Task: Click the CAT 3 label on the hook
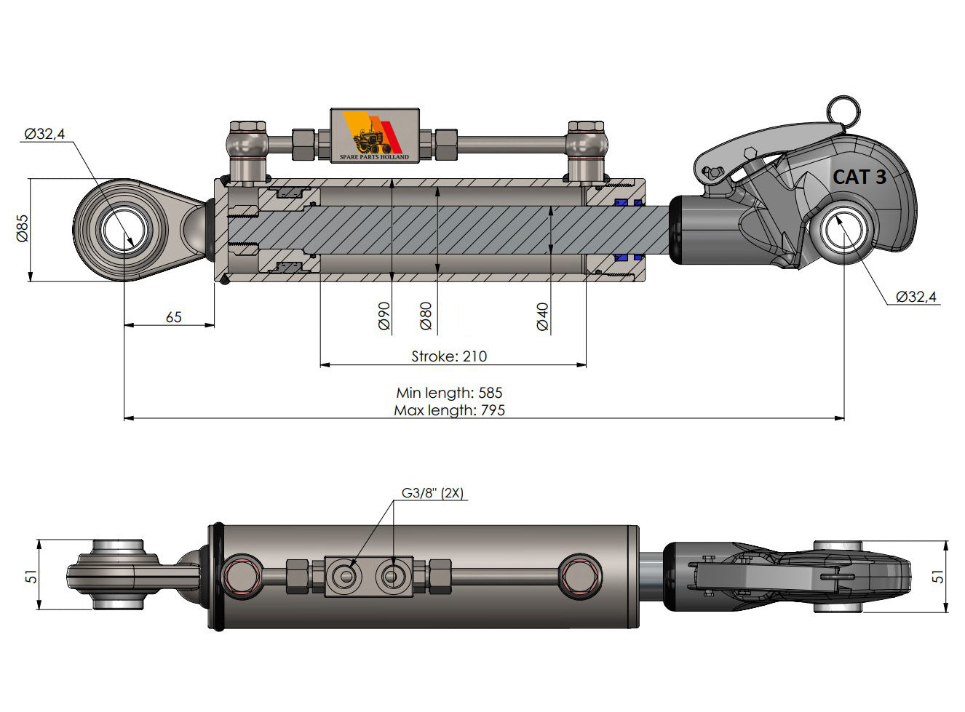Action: click(x=859, y=176)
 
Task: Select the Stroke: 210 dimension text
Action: click(x=449, y=356)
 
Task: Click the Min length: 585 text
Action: click(x=449, y=393)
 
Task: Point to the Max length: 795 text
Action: click(x=449, y=410)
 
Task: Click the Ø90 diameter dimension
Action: click(x=385, y=316)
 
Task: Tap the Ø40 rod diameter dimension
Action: click(x=542, y=316)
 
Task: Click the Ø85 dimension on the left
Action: click(x=22, y=228)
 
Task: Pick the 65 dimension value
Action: click(x=174, y=317)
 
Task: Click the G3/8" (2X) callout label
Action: click(x=432, y=493)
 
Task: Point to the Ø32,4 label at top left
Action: click(x=44, y=134)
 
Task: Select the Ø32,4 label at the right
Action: click(x=916, y=297)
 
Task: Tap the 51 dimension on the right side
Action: click(x=939, y=575)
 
